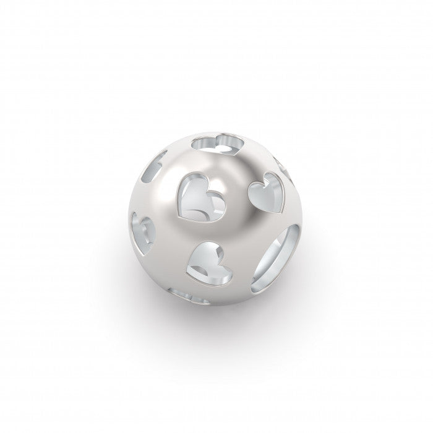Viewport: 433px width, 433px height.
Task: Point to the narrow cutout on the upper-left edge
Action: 154,166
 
